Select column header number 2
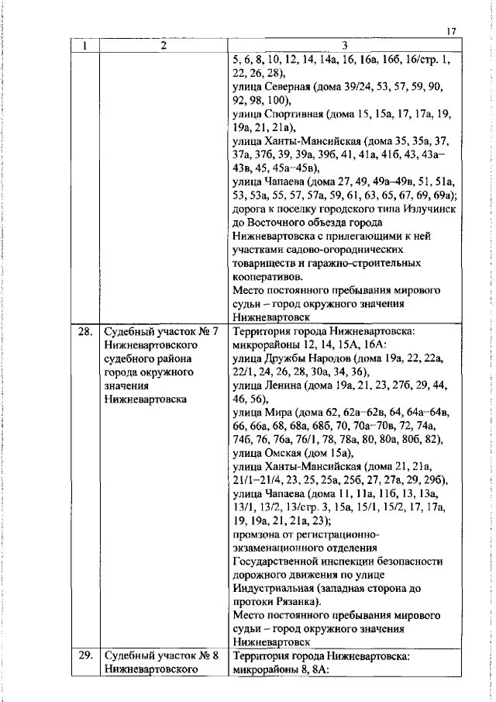pyautogui.click(x=164, y=46)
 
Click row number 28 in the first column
pyautogui.click(x=85, y=332)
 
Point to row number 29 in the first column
pyautogui.click(x=85, y=655)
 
